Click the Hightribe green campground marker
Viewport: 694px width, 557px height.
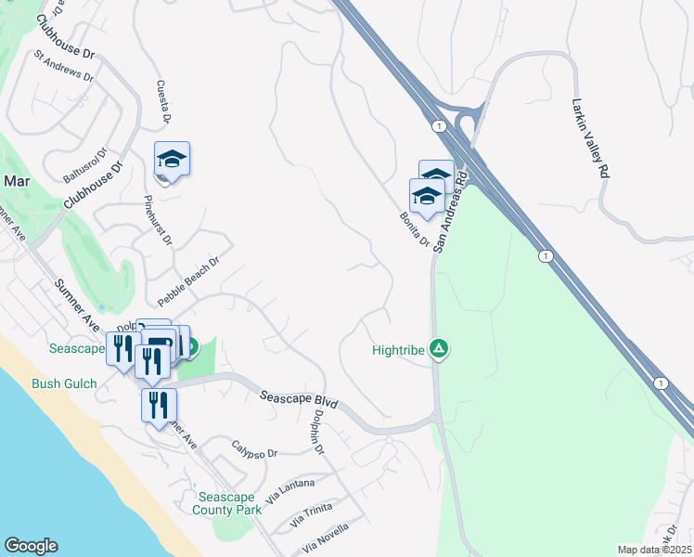(x=440, y=350)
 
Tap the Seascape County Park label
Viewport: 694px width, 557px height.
(x=227, y=503)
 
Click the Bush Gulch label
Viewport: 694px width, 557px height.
(x=64, y=382)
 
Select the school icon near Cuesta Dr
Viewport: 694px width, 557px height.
(x=172, y=161)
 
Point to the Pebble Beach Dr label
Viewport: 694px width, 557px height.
(x=187, y=281)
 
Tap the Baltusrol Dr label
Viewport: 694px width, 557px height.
(x=85, y=163)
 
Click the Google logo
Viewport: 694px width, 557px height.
(x=31, y=546)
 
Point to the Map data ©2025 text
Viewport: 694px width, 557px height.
(x=654, y=550)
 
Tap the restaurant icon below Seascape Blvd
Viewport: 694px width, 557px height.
(x=159, y=406)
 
